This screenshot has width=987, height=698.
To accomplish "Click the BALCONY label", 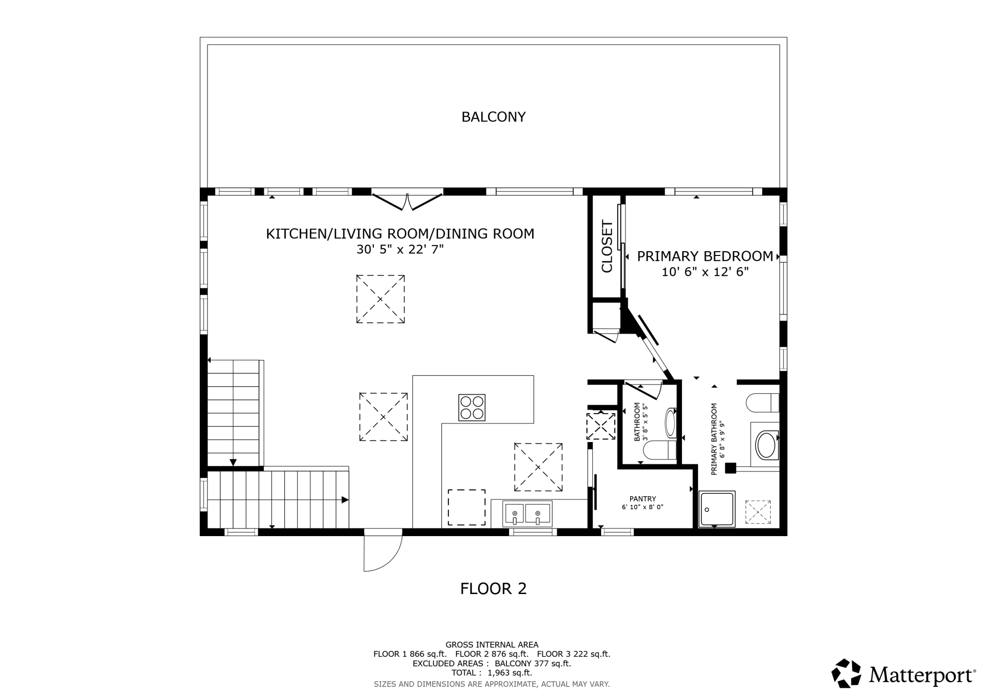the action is (x=493, y=117).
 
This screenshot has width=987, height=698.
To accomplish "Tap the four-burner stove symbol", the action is (x=472, y=407).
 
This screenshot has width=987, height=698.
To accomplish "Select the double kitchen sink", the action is (x=528, y=514).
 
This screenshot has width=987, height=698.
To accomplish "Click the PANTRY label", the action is (x=642, y=499).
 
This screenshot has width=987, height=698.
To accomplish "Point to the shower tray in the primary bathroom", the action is (x=717, y=509).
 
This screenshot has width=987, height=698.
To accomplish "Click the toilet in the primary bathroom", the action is (x=763, y=403).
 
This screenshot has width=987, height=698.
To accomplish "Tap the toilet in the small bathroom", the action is (x=660, y=450).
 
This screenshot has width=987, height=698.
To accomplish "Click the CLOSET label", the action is (x=607, y=246).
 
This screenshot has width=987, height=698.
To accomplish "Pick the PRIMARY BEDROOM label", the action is (x=705, y=256).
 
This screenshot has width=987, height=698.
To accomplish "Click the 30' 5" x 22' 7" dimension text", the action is (x=400, y=249).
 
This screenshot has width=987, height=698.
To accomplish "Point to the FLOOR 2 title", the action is (x=493, y=589).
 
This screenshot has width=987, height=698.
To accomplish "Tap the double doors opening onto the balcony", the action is (x=407, y=201).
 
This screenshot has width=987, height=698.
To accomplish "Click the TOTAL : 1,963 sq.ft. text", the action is (x=492, y=673).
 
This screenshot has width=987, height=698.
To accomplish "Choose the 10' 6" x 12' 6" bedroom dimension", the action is (x=705, y=272).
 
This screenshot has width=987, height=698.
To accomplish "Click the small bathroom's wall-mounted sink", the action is (x=670, y=423).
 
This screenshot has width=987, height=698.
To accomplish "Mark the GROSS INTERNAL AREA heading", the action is (x=492, y=645).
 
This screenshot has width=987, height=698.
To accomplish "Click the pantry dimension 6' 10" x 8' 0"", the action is (x=642, y=507).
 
